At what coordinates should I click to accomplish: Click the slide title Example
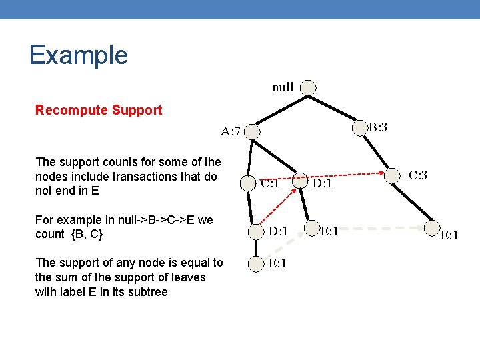point(78,55)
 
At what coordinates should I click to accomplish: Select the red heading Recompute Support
point(98,110)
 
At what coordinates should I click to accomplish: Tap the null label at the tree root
point(283,87)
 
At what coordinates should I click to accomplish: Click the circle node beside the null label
point(308,88)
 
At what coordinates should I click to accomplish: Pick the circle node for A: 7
point(253,132)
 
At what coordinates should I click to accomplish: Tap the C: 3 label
point(418,176)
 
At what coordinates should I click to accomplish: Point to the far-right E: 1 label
point(451,235)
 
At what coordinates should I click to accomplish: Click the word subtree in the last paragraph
point(147,291)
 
